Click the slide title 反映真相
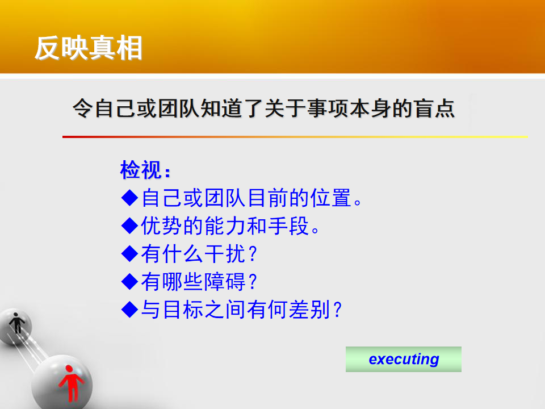coord(89,48)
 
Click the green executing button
coord(403,359)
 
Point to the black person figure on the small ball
coord(16,323)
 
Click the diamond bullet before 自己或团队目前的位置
coord(130,198)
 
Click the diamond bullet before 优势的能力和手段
coord(130,226)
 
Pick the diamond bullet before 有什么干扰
coord(130,253)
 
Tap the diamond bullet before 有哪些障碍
coord(130,281)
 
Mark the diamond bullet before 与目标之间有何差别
coord(130,309)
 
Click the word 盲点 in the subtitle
coord(434,108)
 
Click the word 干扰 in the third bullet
coord(225,253)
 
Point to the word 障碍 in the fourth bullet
coord(225,281)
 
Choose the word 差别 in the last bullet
coord(309,310)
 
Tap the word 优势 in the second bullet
coord(162,226)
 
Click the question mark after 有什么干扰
coord(253,254)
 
